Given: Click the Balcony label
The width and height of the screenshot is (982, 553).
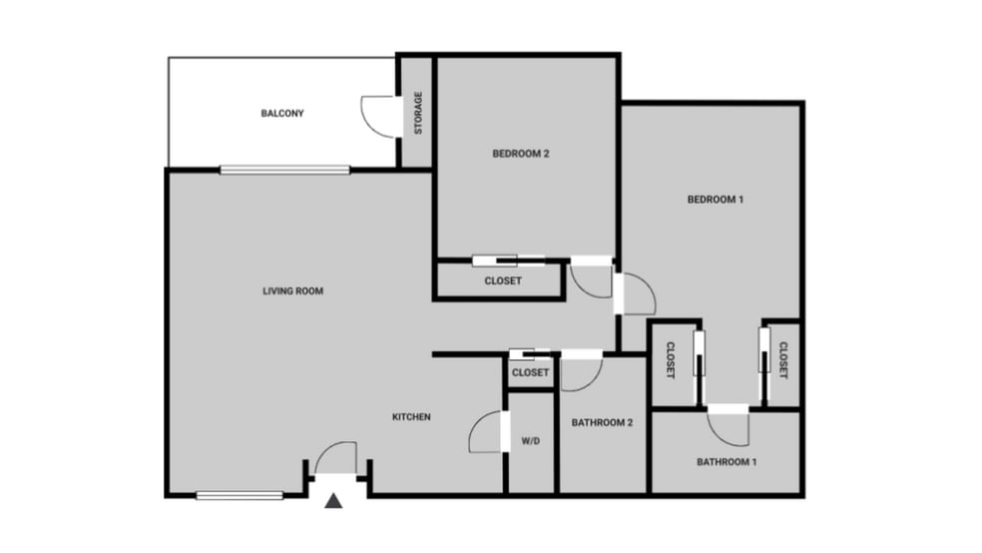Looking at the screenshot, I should click(282, 114).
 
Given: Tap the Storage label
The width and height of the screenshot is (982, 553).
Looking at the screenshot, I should click(419, 113).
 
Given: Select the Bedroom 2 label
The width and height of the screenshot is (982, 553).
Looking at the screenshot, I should click(521, 154).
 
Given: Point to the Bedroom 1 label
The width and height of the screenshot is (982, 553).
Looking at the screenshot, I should click(716, 200).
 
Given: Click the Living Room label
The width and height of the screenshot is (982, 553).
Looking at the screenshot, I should click(292, 291).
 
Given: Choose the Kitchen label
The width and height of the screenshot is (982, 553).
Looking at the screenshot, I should click(411, 417).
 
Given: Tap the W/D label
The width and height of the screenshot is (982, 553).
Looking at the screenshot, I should click(530, 441).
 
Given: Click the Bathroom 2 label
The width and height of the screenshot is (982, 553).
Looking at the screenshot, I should click(602, 422).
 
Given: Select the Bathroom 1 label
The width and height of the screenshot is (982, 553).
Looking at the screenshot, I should click(727, 462).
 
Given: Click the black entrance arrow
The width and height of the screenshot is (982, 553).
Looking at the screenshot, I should click(334, 501).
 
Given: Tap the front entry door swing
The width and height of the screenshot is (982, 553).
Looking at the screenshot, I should click(336, 458).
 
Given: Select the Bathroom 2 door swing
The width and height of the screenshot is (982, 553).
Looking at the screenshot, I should click(581, 372).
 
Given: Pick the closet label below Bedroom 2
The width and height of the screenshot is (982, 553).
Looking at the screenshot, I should click(503, 281).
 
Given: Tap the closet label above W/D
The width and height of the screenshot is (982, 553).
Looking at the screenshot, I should click(530, 373).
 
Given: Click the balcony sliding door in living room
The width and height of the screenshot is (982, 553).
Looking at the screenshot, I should click(284, 170).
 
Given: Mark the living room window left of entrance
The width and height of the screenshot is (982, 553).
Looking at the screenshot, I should click(241, 494).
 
